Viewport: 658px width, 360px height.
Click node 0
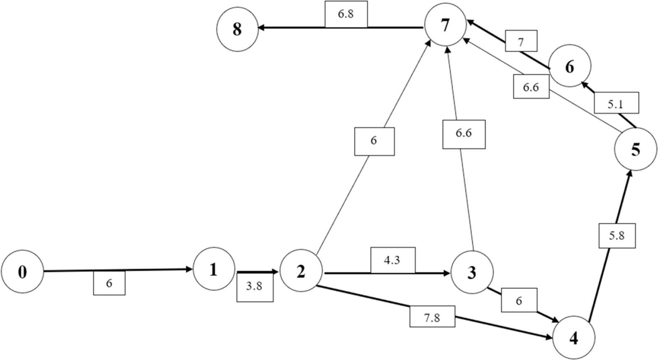pos(22,272)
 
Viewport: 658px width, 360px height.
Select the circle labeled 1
pos(214,269)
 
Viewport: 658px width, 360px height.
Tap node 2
pos(301,270)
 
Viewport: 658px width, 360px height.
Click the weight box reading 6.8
pos(346,14)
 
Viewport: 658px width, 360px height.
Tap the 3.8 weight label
pos(254,286)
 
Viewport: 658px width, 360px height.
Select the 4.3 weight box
pos(392,260)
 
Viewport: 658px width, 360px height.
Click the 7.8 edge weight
pos(432,317)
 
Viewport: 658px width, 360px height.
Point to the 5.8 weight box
pos(617,235)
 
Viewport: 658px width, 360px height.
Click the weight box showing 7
pos(521,41)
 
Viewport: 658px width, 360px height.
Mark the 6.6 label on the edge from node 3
pos(463,134)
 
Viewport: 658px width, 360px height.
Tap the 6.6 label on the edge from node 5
pos(531,87)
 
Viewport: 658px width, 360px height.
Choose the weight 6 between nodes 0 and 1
pos(109,283)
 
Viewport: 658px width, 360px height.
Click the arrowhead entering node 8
pos(261,28)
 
